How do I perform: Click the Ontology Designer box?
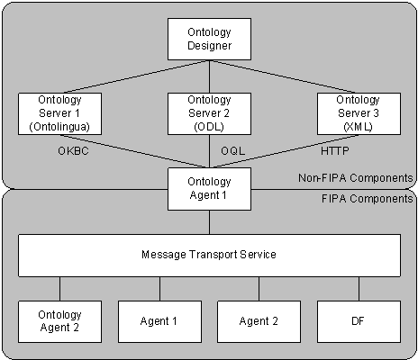(x=209, y=39)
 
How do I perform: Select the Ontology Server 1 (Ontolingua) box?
(x=59, y=113)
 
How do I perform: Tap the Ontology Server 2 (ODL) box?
(x=209, y=113)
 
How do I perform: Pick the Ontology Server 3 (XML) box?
(x=359, y=113)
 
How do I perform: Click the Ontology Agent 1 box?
(x=209, y=189)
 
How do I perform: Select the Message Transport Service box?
(x=209, y=256)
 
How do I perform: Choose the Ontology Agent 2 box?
(x=59, y=321)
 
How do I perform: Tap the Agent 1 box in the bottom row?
(x=159, y=321)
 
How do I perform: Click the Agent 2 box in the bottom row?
(x=259, y=321)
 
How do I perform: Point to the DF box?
(x=359, y=321)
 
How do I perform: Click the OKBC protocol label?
(x=73, y=151)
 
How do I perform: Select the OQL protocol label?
(x=233, y=151)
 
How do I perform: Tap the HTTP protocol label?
(x=335, y=151)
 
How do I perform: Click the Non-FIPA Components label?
(x=356, y=178)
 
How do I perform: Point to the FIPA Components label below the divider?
(x=368, y=199)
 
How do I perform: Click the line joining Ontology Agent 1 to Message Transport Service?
(x=209, y=222)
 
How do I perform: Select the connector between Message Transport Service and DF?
(x=359, y=289)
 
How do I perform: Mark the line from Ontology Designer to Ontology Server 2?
(x=209, y=76)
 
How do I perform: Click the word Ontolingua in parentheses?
(x=59, y=127)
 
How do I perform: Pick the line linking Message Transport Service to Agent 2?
(x=259, y=289)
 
